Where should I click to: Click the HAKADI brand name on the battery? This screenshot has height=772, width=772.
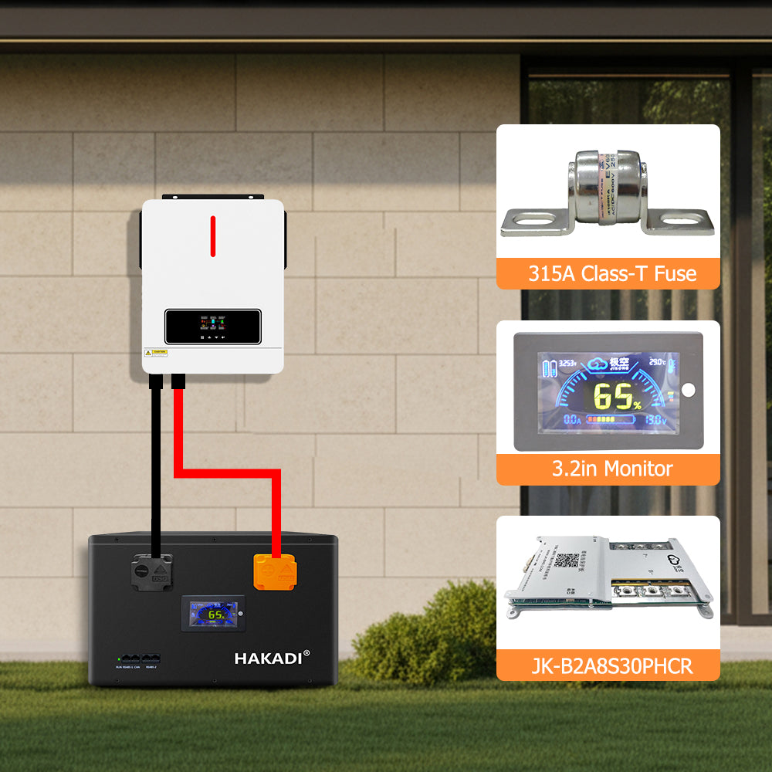pyautogui.click(x=272, y=658)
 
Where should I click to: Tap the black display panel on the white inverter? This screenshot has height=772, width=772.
pyautogui.click(x=212, y=326)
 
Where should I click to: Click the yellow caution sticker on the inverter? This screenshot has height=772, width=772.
pyautogui.click(x=155, y=353)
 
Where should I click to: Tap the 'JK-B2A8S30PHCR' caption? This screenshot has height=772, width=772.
pyautogui.click(x=608, y=665)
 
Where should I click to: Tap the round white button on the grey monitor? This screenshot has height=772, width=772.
pyautogui.click(x=689, y=388)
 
